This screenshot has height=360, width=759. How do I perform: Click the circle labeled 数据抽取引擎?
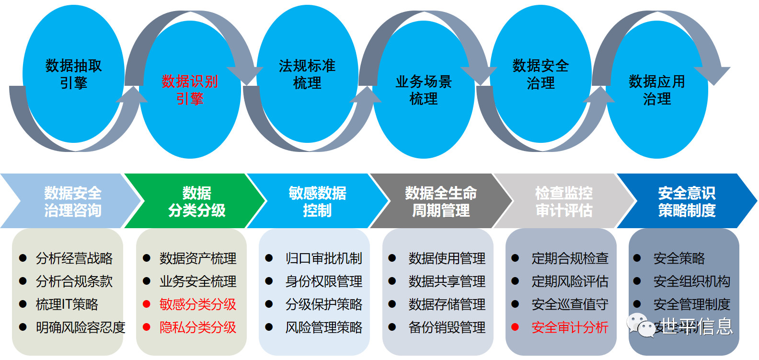coord(73,74)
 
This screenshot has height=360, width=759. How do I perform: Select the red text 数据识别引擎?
coord(190,90)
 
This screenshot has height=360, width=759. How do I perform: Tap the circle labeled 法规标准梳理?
coord(307,74)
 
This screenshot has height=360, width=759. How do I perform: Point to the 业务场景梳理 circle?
coord(424,90)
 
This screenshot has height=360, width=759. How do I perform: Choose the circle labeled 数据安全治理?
coord(540,74)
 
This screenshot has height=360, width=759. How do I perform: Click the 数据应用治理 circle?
coord(657,90)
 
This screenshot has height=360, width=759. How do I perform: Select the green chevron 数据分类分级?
coord(196,202)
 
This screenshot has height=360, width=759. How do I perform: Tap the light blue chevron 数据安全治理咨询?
coord(73,202)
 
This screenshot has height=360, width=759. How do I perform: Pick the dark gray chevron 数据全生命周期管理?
coord(441,202)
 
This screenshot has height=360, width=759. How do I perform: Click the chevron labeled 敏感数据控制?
coord(317,202)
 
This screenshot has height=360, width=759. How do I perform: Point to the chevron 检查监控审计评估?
coord(564,202)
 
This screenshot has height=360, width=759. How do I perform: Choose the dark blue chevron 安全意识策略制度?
coord(687,202)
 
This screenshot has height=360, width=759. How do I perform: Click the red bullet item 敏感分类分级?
coord(198,304)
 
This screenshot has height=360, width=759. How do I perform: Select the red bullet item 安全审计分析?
coord(570,327)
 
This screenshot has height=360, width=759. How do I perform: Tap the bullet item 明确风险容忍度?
coord(80,327)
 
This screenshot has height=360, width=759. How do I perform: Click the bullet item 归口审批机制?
coord(323,258)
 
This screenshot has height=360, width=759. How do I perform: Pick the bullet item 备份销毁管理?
coord(447,327)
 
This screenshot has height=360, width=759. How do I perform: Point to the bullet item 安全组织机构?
coord(691,281)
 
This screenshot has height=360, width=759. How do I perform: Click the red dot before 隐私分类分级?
coord(147,327)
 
